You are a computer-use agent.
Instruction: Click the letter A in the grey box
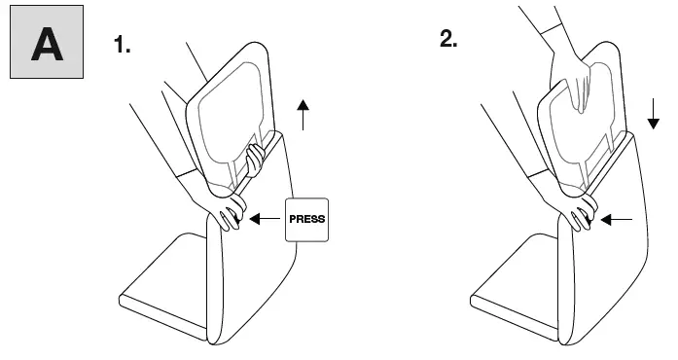click(x=46, y=45)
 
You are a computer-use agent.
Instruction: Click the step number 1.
click(x=123, y=45)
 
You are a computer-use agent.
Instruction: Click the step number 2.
click(x=447, y=40)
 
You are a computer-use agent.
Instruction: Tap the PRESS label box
click(x=307, y=219)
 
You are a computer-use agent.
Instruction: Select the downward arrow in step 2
click(x=653, y=115)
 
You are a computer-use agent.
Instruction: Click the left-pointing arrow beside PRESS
click(x=263, y=220)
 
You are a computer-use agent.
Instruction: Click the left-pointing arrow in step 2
click(x=616, y=219)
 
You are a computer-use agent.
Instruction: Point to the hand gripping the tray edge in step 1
click(x=258, y=156)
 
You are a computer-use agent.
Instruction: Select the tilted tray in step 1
click(x=229, y=107)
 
